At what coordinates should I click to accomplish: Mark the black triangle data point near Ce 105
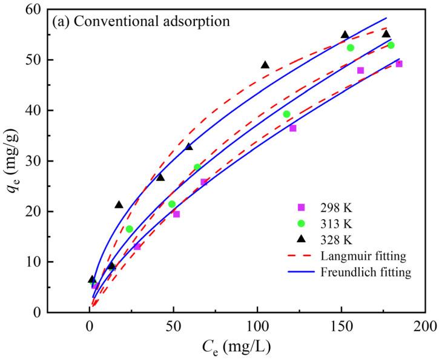(x=265, y=65)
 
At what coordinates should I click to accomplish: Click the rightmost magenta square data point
(x=399, y=64)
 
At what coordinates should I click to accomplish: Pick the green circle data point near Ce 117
(x=286, y=114)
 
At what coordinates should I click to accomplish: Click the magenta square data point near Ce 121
(x=293, y=128)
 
